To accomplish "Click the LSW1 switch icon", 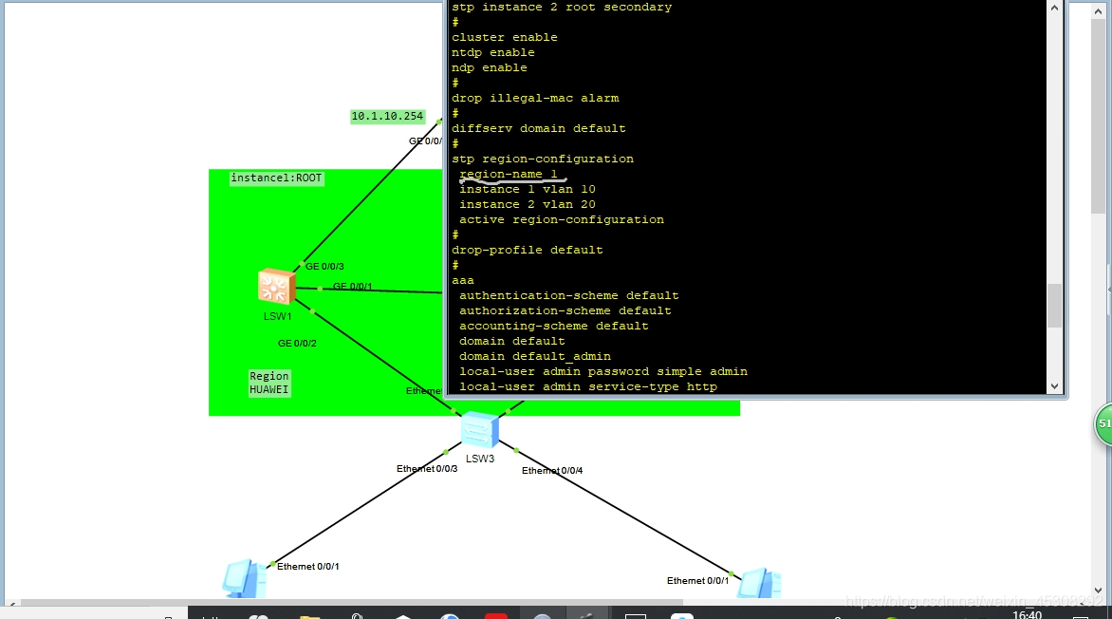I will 276,287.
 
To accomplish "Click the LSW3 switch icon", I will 479,431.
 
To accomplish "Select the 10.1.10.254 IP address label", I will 387,117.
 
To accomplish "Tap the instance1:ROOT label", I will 276,178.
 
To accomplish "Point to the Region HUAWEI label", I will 269,383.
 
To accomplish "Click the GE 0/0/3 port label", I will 324,267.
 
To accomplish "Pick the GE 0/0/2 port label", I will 297,344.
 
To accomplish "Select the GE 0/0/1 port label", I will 352,287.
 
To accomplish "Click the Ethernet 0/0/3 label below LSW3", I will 427,469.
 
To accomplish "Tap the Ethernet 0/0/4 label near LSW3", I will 552,471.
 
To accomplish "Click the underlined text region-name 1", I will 508,175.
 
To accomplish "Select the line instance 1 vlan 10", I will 527,190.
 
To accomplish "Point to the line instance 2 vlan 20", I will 527,205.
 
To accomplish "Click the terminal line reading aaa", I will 463,281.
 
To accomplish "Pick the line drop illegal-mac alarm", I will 535,99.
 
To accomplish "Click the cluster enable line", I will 505,38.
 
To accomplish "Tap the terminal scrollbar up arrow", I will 1054,8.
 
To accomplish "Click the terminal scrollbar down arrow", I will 1054,386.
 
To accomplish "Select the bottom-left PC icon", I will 243,578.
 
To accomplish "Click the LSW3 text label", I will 480,459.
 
